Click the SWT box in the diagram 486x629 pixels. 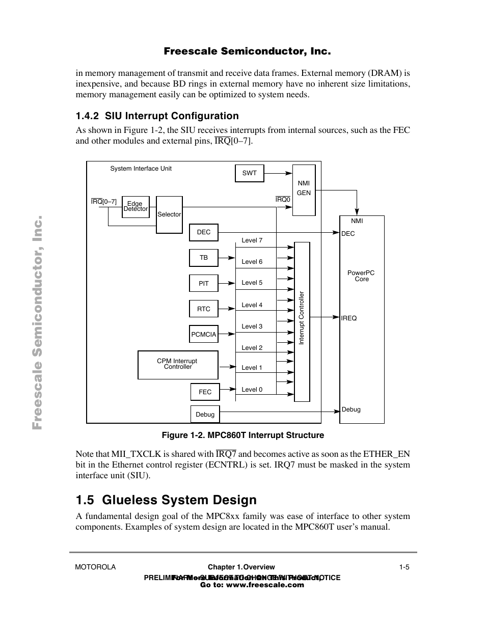(249, 173)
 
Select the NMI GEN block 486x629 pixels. (304, 189)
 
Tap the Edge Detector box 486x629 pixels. (136, 207)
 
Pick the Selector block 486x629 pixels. (169, 214)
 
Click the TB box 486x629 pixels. (203, 258)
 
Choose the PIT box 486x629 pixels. (203, 284)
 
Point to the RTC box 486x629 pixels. (203, 309)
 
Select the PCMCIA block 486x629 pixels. (203, 335)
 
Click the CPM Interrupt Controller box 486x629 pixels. (177, 365)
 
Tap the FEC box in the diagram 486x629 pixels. (205, 392)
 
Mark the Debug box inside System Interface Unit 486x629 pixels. (205, 415)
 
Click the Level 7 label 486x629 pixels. (252, 240)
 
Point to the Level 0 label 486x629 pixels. (252, 390)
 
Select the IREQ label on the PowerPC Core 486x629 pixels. (349, 318)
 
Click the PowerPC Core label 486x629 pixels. (361, 276)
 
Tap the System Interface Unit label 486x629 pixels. (141, 169)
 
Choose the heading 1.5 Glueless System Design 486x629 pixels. (166, 500)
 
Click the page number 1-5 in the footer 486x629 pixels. (404, 567)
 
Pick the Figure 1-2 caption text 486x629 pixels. (242, 435)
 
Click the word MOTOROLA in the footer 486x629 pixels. (95, 567)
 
